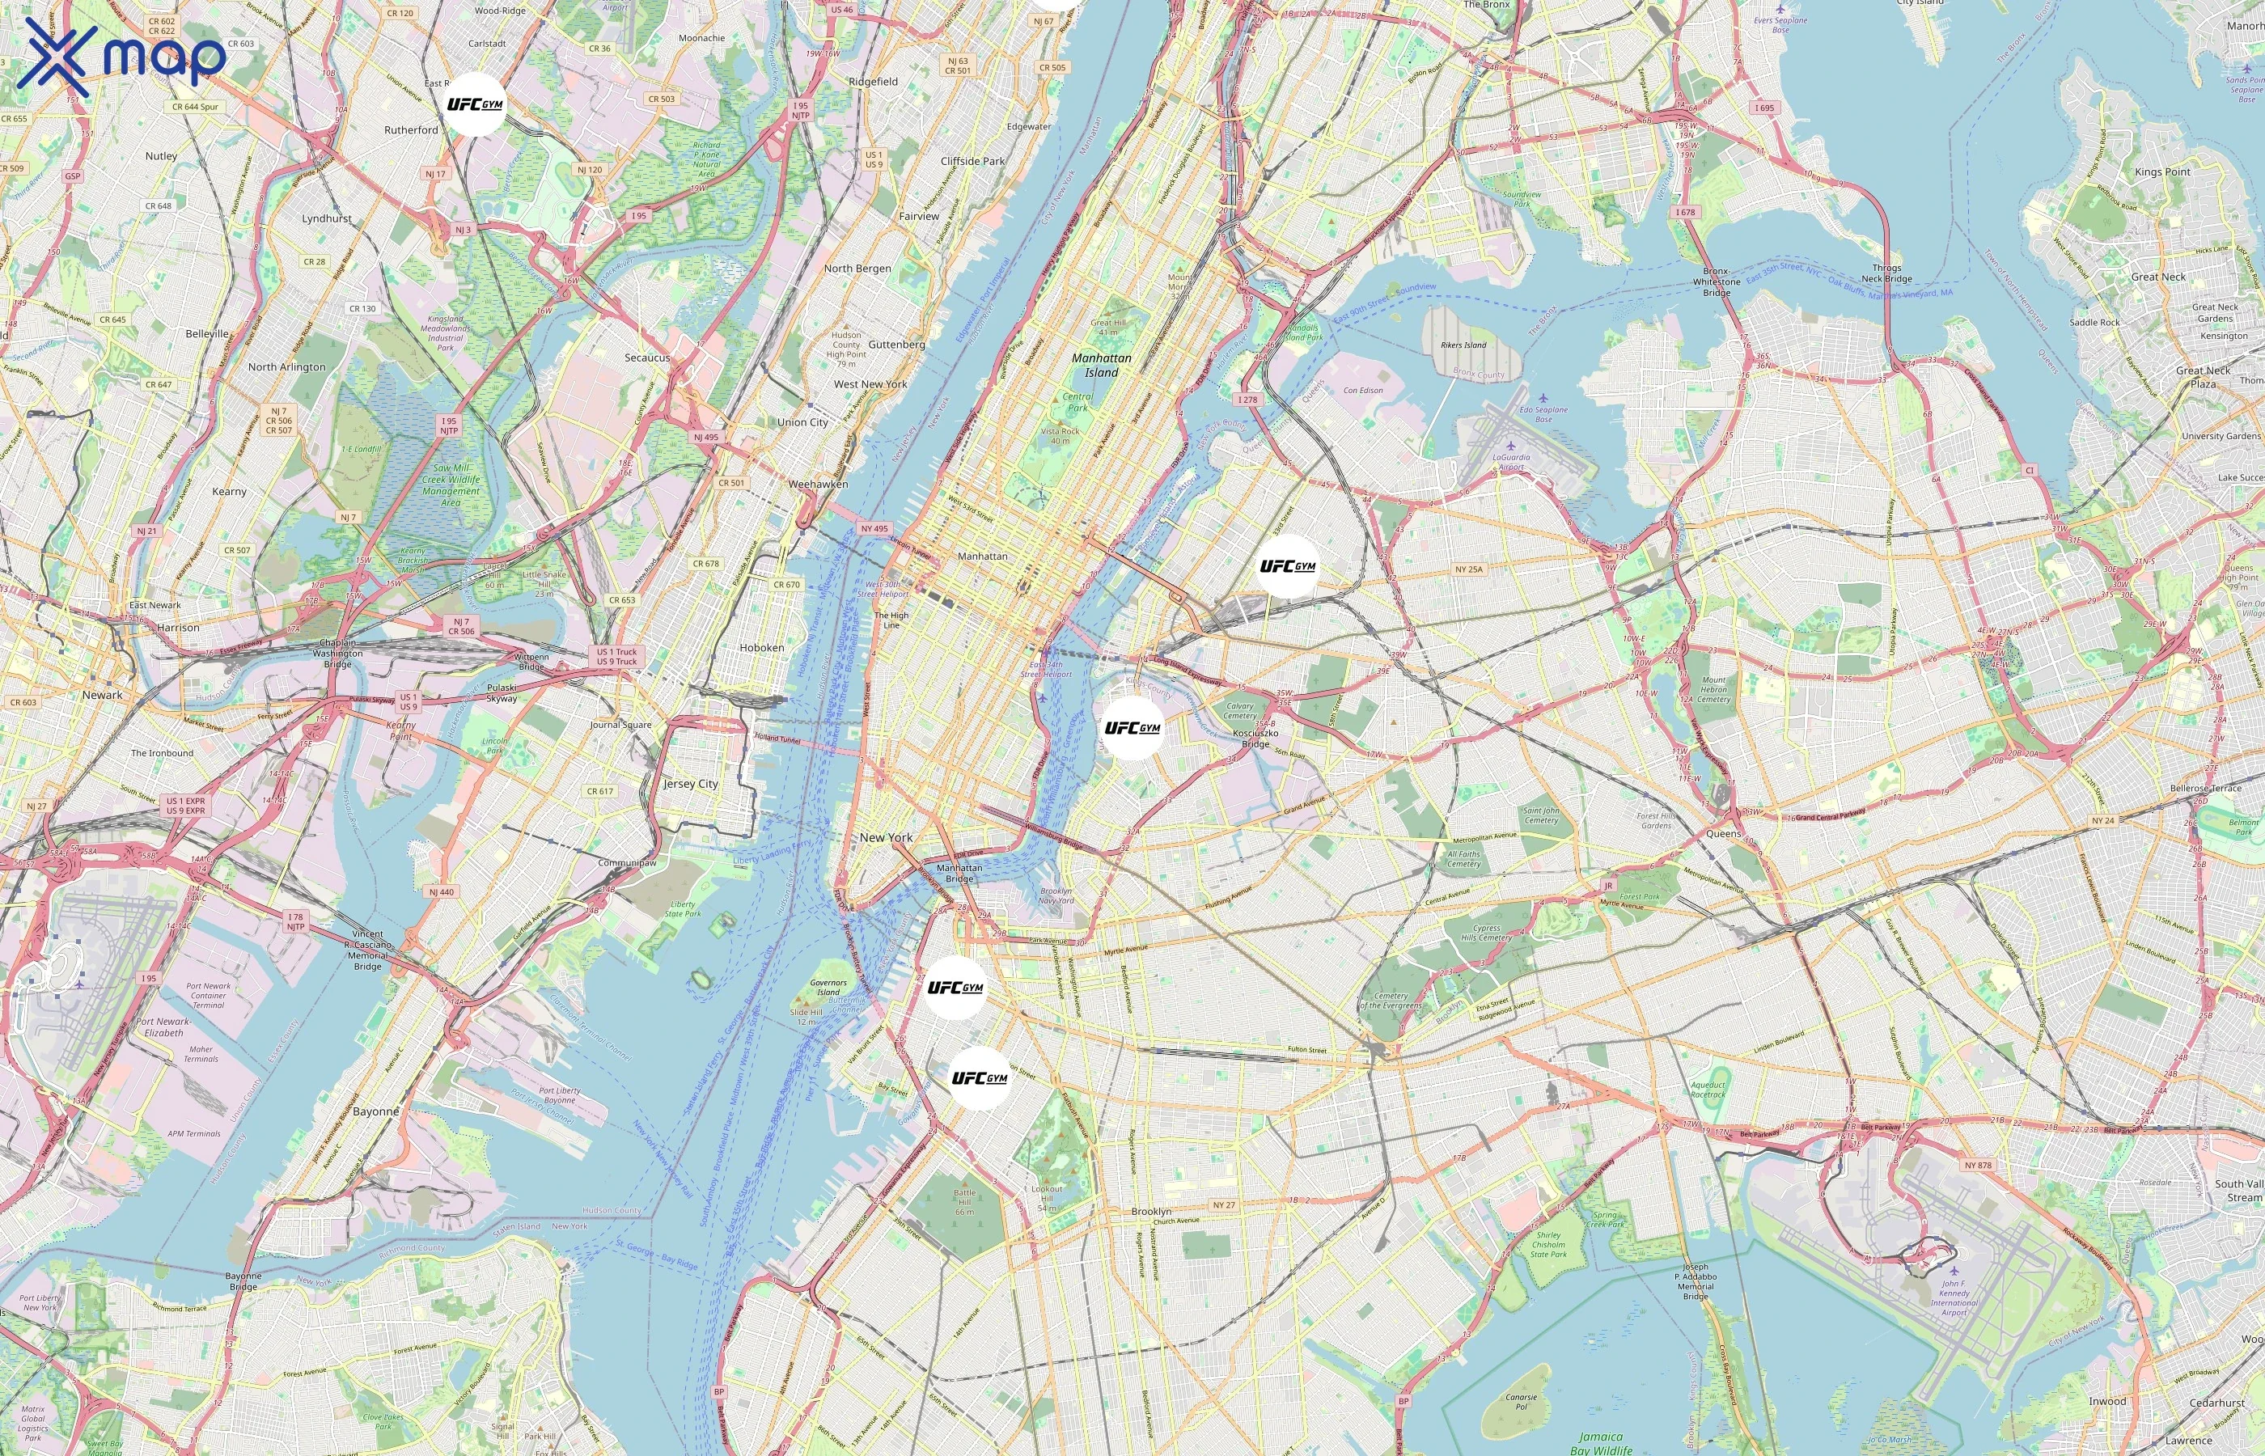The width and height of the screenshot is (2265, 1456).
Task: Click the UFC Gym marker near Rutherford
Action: point(475,104)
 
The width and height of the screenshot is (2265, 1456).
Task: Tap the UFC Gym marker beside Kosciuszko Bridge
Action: point(1132,728)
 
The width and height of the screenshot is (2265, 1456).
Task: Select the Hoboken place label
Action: point(762,648)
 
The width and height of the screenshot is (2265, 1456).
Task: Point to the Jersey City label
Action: point(690,784)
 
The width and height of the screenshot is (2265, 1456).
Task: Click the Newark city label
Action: point(102,695)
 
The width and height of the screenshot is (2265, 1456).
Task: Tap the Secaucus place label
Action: point(648,358)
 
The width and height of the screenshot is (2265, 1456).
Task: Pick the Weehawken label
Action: point(818,484)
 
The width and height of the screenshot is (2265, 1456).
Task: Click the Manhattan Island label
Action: point(1101,365)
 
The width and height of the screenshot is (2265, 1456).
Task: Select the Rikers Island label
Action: point(1463,345)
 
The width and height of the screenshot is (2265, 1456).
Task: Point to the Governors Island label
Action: point(828,987)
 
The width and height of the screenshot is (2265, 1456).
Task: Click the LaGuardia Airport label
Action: point(1510,461)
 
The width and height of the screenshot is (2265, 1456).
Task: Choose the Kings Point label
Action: point(2162,172)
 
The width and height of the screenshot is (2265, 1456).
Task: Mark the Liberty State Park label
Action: point(683,908)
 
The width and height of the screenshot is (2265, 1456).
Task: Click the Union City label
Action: point(802,422)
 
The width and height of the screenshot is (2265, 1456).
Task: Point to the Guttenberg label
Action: point(896,345)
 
